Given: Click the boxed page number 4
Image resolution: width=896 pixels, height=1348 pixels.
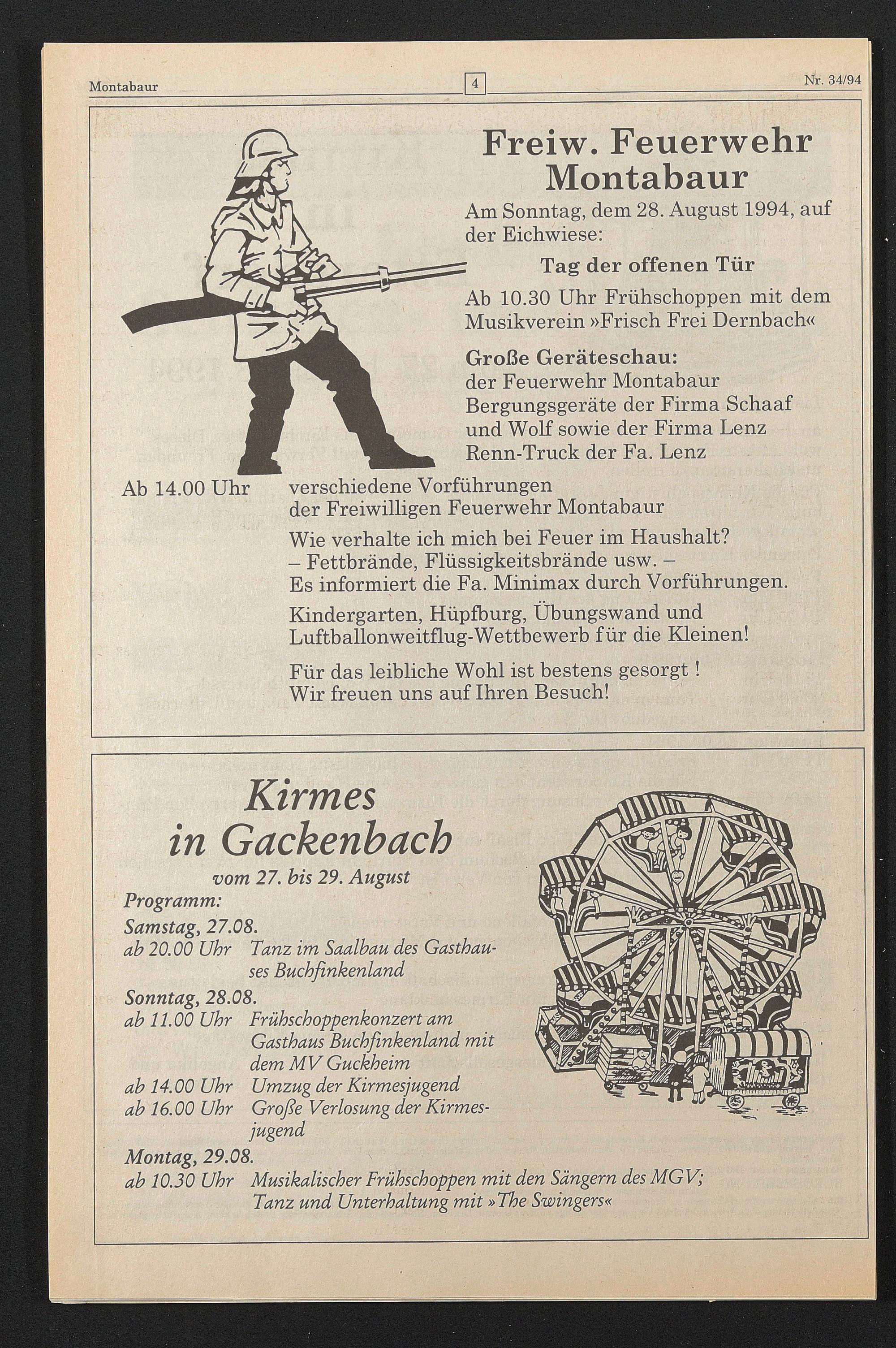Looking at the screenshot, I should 475,85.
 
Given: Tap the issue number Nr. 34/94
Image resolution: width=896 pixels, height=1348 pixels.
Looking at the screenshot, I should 832,81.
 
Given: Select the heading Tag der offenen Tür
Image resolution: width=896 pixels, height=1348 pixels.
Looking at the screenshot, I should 647,265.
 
